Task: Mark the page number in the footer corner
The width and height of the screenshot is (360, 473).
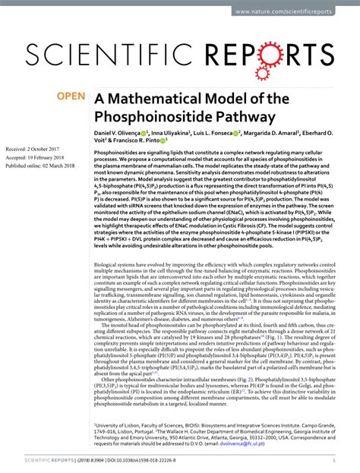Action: pyautogui.click(x=335, y=460)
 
